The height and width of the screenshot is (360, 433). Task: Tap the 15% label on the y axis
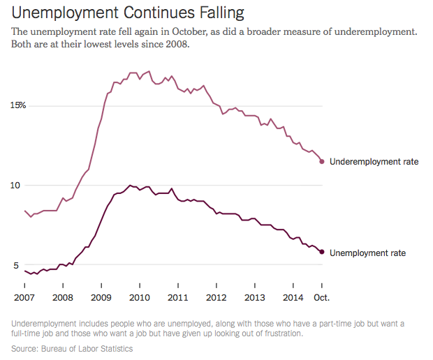tap(17, 105)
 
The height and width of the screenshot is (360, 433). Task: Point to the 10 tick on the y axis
tap(15, 186)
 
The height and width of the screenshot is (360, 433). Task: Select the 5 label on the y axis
tap(13, 265)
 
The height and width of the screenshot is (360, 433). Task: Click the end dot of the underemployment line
tap(322, 162)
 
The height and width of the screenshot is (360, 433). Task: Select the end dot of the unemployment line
tap(322, 252)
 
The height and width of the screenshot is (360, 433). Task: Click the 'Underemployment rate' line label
tap(374, 162)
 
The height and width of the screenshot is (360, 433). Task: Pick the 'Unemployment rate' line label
tap(367, 253)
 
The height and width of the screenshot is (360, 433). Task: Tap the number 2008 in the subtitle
tap(175, 45)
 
